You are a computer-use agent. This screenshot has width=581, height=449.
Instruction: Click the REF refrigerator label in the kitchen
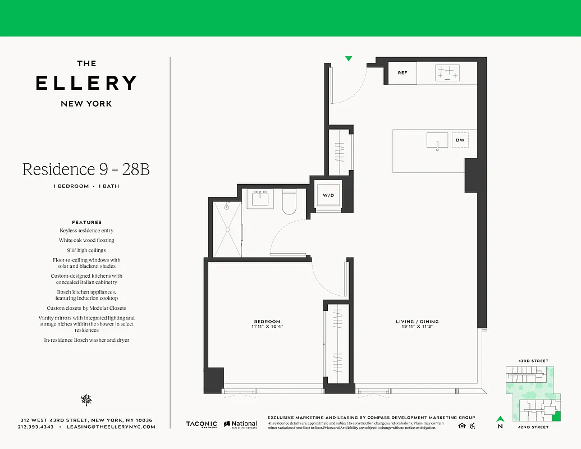(402, 73)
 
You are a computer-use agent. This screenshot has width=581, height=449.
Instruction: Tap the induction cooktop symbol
(447, 72)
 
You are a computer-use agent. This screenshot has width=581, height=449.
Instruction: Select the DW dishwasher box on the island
(460, 140)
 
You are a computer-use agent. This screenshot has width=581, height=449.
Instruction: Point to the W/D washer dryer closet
(327, 195)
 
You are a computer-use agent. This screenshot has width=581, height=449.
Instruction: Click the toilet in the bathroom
(290, 203)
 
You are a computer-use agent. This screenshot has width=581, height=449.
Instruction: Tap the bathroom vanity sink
(260, 199)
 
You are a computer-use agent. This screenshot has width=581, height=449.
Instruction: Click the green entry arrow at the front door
(349, 58)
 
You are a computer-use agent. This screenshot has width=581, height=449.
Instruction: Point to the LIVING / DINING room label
(417, 322)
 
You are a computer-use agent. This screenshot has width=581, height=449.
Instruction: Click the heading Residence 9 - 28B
(86, 169)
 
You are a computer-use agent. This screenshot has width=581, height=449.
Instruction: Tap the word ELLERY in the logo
(86, 83)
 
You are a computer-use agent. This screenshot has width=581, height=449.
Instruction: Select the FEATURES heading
(86, 222)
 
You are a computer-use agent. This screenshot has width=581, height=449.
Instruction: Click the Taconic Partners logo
(202, 425)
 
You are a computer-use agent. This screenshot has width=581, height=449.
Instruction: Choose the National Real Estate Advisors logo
(240, 425)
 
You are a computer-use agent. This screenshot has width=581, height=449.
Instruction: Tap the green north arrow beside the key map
(500, 418)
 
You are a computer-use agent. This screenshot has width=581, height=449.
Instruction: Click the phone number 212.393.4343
(35, 427)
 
